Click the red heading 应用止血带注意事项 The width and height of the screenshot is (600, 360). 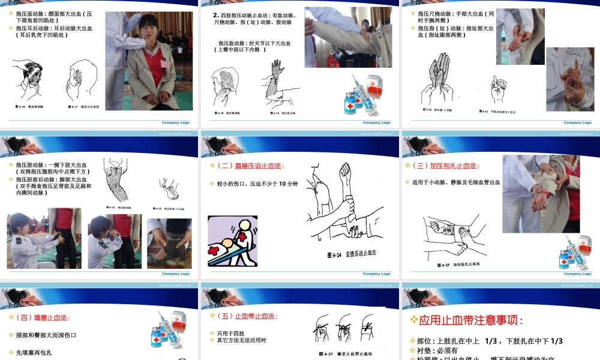(467, 320)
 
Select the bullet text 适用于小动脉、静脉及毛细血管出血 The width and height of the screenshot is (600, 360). (456, 182)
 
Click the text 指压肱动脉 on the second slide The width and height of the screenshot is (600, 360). (233, 43)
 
